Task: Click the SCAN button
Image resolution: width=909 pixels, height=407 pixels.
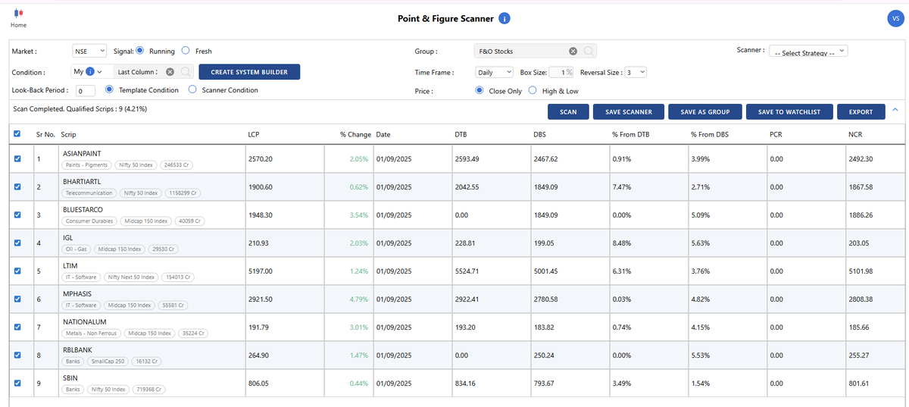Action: coord(568,111)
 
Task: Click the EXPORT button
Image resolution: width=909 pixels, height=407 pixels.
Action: coord(861,111)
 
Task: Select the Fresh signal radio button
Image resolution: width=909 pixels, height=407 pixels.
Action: coord(186,51)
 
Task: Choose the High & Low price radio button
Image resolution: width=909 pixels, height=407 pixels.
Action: coord(533,90)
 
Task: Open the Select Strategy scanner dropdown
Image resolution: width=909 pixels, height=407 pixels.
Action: coord(808,52)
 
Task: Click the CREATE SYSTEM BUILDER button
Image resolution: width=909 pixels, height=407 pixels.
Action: coord(249,72)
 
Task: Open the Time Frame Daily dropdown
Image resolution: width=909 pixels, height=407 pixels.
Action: coord(495,72)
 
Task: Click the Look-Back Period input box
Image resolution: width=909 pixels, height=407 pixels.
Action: coord(86,91)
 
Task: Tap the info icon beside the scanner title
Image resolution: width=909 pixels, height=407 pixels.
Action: coord(504,19)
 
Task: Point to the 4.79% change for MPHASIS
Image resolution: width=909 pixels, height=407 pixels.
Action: coord(358,299)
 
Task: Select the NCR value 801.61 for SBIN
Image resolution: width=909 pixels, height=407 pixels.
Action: coord(859,384)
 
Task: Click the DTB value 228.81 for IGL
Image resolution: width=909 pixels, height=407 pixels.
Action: coord(466,243)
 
